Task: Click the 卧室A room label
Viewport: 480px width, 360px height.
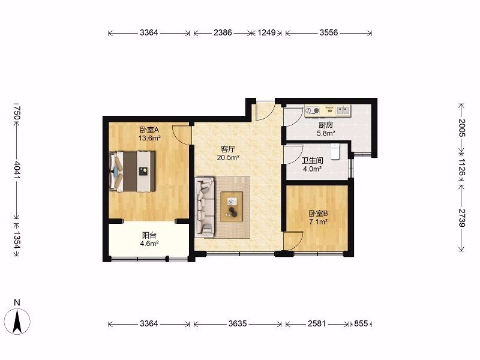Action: coord(149,130)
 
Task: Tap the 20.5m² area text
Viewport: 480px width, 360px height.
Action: coord(228,158)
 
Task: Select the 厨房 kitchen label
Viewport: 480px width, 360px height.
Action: coord(326,125)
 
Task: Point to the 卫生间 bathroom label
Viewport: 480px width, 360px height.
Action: coord(312,160)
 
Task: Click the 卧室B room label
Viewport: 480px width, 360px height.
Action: coord(319,214)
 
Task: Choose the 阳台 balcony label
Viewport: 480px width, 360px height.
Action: coord(149,235)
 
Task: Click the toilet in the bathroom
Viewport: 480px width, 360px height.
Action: coord(335,151)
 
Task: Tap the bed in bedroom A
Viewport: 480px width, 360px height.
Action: coord(132,171)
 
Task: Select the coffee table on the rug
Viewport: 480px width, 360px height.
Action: coord(232,206)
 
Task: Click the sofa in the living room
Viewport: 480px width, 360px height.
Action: coord(205,206)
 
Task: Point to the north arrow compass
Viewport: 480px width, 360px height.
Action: coord(17,321)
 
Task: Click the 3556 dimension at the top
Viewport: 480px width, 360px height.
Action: coord(329,32)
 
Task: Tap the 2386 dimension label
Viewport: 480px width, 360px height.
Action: coord(223,32)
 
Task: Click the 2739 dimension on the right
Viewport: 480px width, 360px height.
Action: coord(462,218)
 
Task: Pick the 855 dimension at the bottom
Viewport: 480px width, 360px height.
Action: coord(361,323)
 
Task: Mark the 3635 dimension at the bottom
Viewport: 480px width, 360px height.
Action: coord(238,323)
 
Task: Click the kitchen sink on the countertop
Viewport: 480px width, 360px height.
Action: coord(343,110)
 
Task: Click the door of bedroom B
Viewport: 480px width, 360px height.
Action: coord(293,241)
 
